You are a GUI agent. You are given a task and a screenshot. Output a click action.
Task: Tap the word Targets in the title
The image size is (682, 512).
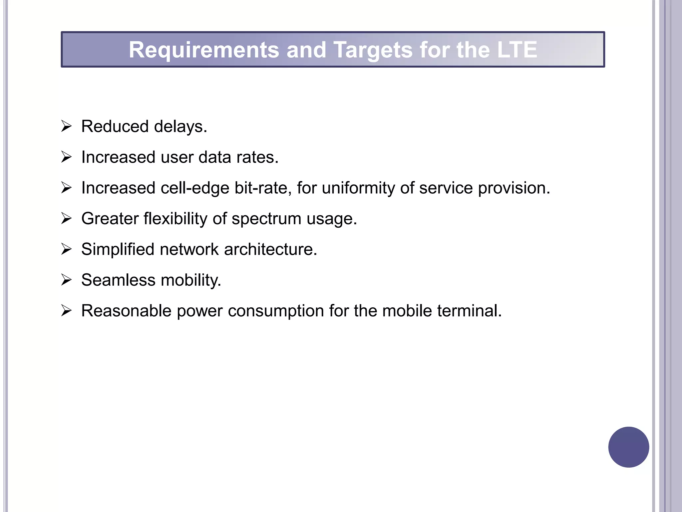click(x=373, y=50)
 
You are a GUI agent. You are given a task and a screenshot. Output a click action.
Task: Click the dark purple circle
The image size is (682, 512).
click(x=628, y=447)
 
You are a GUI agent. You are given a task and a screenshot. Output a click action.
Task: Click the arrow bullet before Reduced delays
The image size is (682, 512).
click(x=66, y=126)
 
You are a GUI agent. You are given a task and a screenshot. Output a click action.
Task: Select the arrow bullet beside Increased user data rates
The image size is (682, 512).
click(x=66, y=157)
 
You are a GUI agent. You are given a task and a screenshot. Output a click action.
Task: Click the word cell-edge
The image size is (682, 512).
click(x=195, y=188)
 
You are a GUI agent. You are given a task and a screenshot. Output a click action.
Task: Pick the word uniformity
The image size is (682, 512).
click(x=358, y=188)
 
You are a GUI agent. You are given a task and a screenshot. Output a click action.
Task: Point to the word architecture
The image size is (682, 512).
click(x=270, y=249)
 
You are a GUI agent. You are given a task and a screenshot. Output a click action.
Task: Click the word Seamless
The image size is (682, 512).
click(x=118, y=280)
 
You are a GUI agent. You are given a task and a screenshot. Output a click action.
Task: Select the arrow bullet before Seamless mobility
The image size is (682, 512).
click(x=66, y=280)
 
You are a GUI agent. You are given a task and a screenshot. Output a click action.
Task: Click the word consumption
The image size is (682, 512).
click(x=276, y=311)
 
